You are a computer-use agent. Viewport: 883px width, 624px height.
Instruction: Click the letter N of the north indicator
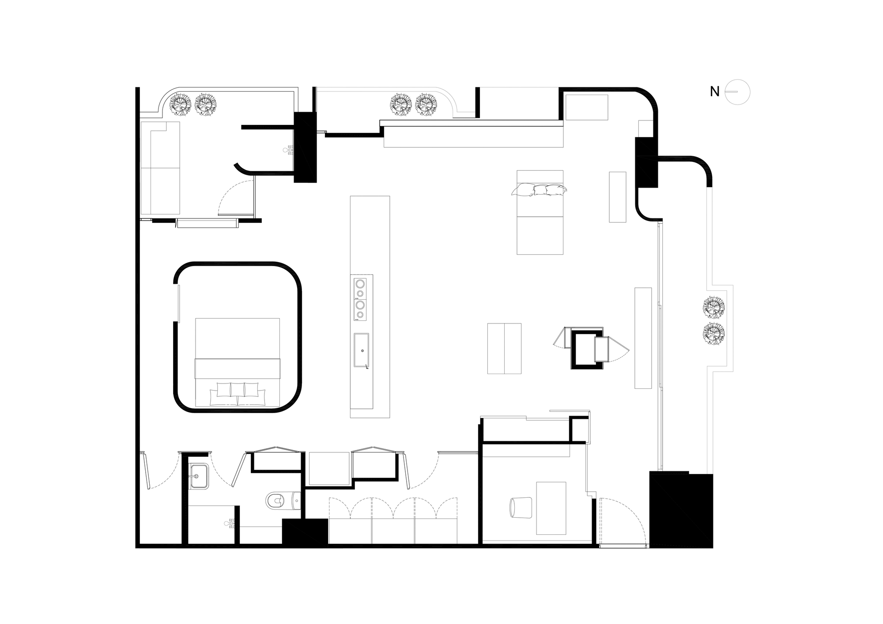715,92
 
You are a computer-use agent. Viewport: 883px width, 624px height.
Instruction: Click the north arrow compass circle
739,92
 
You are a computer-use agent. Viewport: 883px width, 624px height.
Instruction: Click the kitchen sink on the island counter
362,350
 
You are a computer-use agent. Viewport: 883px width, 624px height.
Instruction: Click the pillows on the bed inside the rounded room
238,393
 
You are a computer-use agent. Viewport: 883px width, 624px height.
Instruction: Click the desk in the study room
551,508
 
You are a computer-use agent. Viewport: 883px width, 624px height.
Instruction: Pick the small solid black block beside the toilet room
305,532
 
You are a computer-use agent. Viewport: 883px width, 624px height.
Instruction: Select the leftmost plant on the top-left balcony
181,105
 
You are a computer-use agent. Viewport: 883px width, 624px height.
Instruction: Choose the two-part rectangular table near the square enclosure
504,349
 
